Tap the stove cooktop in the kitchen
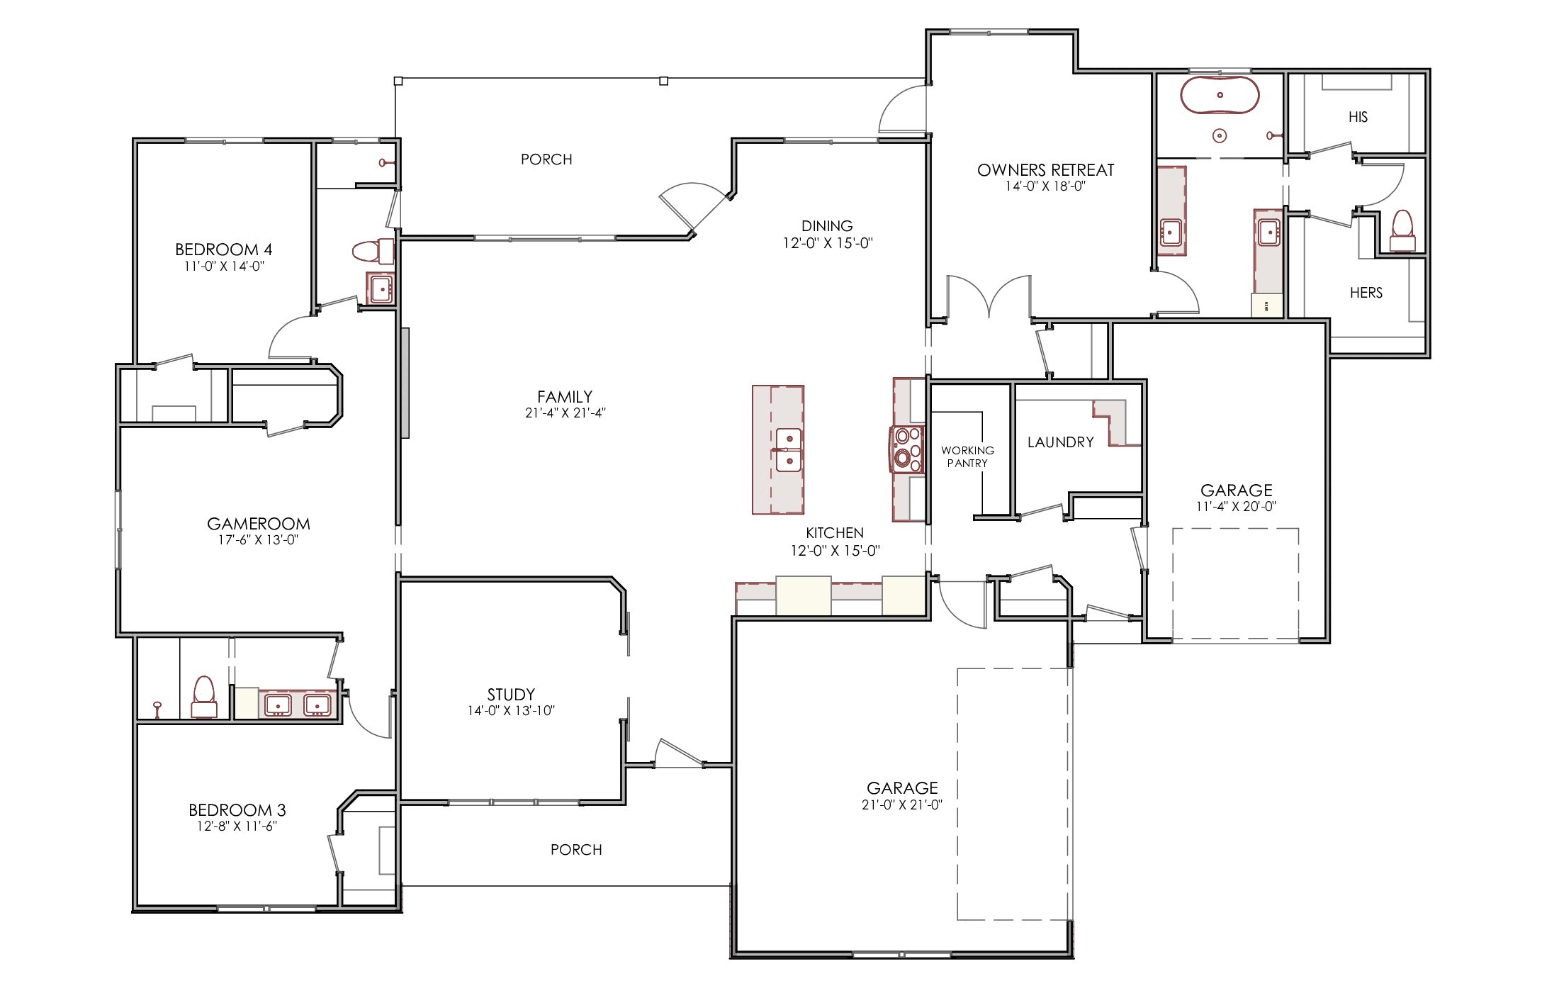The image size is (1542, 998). (907, 449)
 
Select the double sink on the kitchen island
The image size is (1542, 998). (789, 450)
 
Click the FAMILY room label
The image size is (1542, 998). (565, 397)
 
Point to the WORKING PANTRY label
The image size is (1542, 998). (967, 456)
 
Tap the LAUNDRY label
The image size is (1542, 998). (1061, 442)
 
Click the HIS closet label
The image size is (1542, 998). (1358, 117)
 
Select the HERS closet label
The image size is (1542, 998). (1366, 293)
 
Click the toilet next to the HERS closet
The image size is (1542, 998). (1402, 230)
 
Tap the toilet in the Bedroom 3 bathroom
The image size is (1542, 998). (204, 697)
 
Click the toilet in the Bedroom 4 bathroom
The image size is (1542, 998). (373, 251)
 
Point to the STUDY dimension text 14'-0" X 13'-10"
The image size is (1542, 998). (511, 711)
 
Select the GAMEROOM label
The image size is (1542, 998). (259, 524)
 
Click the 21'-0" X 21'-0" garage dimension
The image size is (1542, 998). (902, 804)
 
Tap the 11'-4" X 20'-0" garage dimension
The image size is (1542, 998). (1237, 507)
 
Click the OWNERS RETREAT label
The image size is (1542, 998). (1046, 170)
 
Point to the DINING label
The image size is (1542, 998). (827, 226)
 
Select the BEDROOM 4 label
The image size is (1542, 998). (224, 250)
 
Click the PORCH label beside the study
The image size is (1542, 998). (576, 850)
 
